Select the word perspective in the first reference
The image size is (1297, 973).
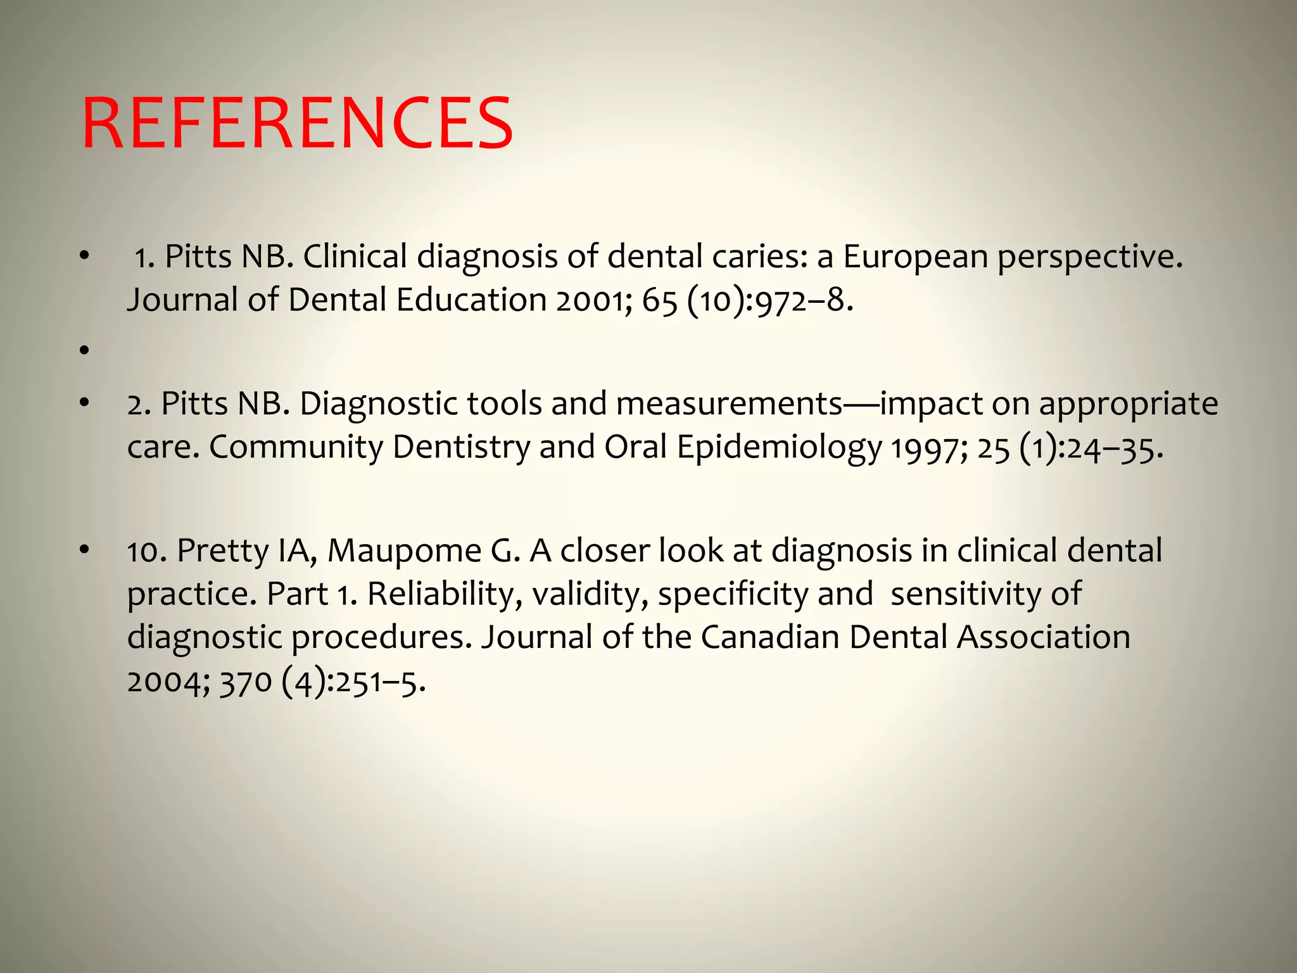[x=1090, y=257]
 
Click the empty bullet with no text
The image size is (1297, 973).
[x=84, y=349]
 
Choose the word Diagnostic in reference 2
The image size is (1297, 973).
[x=378, y=404]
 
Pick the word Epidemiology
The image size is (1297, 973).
[x=779, y=447]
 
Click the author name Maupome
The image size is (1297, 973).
[x=404, y=550]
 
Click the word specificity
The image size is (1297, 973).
[x=733, y=594]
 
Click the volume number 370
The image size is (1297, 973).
[x=246, y=682]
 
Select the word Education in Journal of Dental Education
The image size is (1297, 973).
[x=471, y=300]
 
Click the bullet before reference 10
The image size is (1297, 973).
[x=84, y=550]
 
